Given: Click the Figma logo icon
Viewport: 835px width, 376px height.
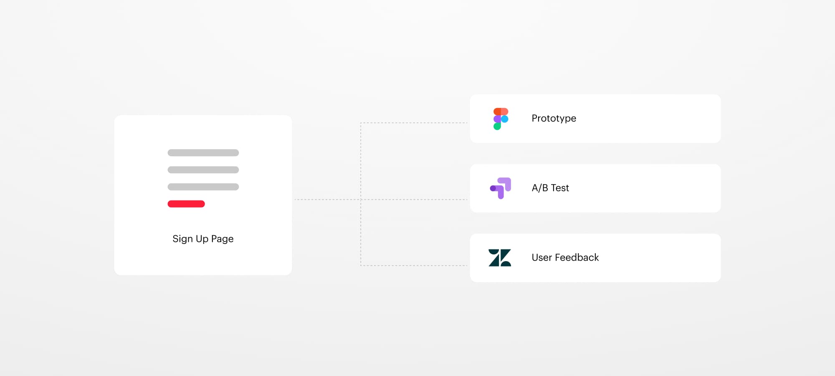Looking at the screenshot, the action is tap(501, 119).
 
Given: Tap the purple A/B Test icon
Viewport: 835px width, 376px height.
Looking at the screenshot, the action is tap(501, 188).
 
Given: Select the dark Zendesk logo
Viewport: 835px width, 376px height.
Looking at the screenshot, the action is tap(500, 258).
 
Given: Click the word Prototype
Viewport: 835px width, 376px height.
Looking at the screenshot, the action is tap(554, 119).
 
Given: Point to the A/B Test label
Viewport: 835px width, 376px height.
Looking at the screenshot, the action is tap(550, 188).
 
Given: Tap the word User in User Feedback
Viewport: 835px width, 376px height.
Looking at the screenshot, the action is tap(542, 257).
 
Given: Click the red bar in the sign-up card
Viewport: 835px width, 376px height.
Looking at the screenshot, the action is tap(186, 204).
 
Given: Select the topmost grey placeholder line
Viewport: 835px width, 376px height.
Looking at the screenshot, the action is tap(203, 153).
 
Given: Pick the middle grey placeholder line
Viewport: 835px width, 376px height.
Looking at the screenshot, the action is tap(203, 170).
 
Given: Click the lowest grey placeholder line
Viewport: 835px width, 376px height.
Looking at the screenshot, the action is tap(203, 187).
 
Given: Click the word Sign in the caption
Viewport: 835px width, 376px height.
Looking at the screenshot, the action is tap(182, 239).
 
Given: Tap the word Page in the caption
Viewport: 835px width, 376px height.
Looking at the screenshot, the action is tap(222, 239).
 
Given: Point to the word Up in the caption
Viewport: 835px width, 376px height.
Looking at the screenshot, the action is tap(202, 239).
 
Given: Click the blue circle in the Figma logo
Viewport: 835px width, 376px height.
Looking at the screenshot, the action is tap(505, 119).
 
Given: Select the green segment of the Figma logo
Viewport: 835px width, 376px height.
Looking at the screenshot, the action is tap(497, 126).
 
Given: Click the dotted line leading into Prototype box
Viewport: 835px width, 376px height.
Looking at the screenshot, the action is tap(414, 123).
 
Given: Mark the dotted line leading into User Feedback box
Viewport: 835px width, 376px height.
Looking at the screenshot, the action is tap(414, 265).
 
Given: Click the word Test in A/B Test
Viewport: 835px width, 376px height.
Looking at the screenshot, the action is tap(560, 188).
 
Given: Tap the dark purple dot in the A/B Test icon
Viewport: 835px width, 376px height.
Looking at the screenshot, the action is tap(493, 188).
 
